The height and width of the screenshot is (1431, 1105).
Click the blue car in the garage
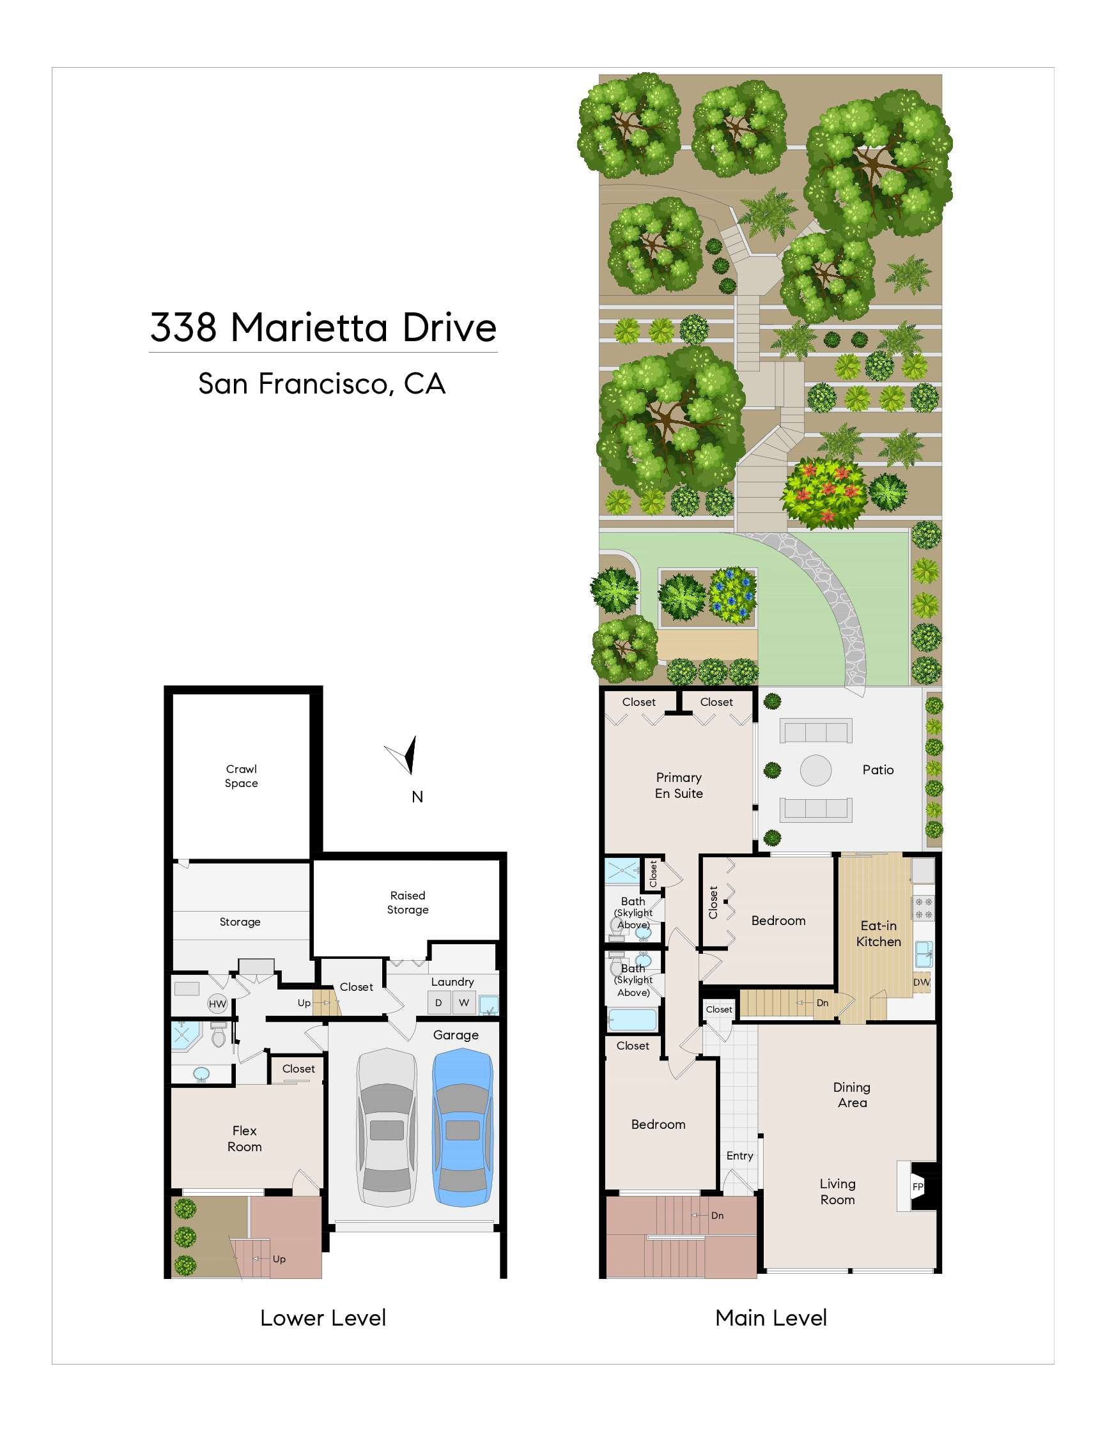pyautogui.click(x=463, y=1127)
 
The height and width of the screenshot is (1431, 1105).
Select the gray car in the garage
pyautogui.click(x=387, y=1127)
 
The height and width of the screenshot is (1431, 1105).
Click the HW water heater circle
pyautogui.click(x=217, y=1004)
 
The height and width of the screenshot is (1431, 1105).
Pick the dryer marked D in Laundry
pyautogui.click(x=438, y=1002)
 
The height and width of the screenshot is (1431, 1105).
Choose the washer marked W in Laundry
pyautogui.click(x=464, y=1002)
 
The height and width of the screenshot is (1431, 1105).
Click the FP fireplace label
pyautogui.click(x=918, y=1186)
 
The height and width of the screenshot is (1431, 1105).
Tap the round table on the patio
pyautogui.click(x=815, y=770)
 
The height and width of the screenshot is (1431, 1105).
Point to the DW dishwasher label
pyautogui.click(x=922, y=982)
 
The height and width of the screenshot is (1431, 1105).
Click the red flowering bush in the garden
pyautogui.click(x=824, y=493)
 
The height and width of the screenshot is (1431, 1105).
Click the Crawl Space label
pyautogui.click(x=241, y=776)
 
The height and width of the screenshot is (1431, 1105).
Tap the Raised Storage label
pyautogui.click(x=408, y=902)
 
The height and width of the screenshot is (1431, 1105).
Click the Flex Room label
pyautogui.click(x=245, y=1139)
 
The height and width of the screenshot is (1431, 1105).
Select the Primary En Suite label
pyautogui.click(x=679, y=785)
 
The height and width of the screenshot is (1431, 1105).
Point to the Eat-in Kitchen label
pyautogui.click(x=878, y=934)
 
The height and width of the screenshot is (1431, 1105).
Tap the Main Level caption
pyautogui.click(x=771, y=1318)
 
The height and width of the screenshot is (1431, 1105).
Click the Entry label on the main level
pyautogui.click(x=739, y=1156)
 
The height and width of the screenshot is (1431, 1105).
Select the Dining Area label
pyautogui.click(x=852, y=1095)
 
